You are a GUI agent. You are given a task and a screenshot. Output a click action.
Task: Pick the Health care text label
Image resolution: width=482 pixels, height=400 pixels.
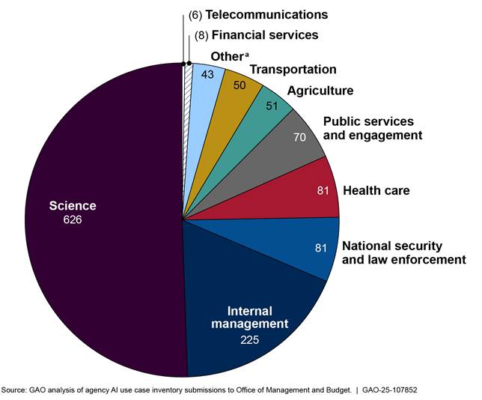[376, 190]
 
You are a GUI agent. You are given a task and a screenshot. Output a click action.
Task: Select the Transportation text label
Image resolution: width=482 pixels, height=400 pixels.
[293, 70]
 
